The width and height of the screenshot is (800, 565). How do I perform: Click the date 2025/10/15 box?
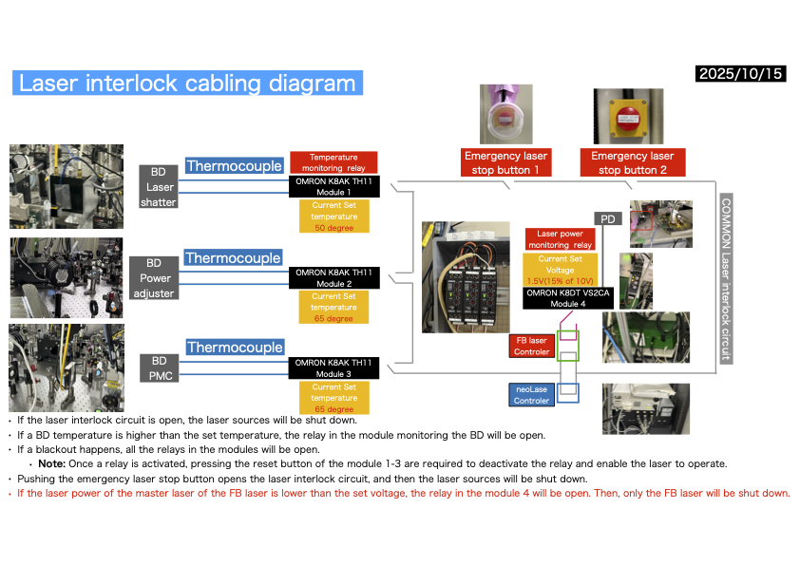(x=741, y=73)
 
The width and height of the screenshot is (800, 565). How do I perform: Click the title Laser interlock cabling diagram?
(x=187, y=84)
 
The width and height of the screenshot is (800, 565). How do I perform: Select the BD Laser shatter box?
(x=158, y=186)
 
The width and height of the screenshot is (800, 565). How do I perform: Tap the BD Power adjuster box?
(x=154, y=278)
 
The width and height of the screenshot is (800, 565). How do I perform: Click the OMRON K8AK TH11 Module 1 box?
(x=333, y=186)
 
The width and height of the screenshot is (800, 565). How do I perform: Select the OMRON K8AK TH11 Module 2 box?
(x=333, y=278)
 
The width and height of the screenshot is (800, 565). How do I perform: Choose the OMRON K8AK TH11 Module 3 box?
(x=333, y=367)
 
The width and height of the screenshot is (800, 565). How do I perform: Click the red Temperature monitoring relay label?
(x=333, y=162)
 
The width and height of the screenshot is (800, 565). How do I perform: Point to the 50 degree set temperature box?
(x=333, y=217)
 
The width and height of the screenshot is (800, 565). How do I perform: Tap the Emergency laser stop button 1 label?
(x=505, y=162)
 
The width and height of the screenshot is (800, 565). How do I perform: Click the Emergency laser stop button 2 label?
(x=632, y=162)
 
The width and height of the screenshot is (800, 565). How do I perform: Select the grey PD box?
(x=608, y=219)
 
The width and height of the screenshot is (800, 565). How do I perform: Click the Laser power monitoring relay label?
(x=559, y=238)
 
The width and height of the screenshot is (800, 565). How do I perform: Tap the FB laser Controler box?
(x=531, y=346)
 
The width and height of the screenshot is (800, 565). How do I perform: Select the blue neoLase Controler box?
(x=531, y=395)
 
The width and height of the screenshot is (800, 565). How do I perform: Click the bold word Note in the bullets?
(x=54, y=463)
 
